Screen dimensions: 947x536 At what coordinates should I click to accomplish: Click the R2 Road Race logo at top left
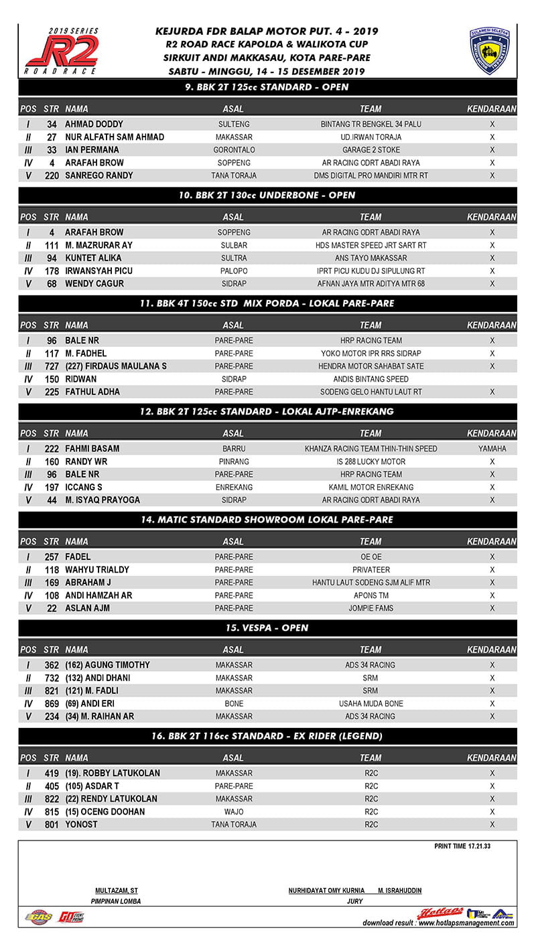pyautogui.click(x=62, y=52)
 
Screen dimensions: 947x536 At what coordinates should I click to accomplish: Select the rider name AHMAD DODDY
pyautogui.click(x=94, y=125)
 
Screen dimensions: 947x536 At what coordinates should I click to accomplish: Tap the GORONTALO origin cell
pyautogui.click(x=234, y=150)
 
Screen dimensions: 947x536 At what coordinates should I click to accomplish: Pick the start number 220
pyautogui.click(x=51, y=175)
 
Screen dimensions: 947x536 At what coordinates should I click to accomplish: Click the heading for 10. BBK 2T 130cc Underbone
pyautogui.click(x=267, y=195)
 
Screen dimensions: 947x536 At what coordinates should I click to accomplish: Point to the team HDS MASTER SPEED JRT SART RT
pyautogui.click(x=371, y=245)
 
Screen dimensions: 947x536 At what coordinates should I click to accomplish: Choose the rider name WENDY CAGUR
pyautogui.click(x=94, y=284)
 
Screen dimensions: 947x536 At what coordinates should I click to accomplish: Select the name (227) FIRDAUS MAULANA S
pyautogui.click(x=116, y=366)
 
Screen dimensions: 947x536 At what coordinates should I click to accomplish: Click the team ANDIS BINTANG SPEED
pyautogui.click(x=371, y=379)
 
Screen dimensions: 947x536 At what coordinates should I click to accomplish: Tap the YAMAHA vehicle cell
pyautogui.click(x=492, y=449)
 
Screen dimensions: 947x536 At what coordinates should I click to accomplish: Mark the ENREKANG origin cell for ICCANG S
pyautogui.click(x=234, y=488)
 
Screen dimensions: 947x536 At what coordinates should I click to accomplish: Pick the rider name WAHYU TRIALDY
pyautogui.click(x=97, y=570)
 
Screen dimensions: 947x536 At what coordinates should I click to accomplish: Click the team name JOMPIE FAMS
pyautogui.click(x=371, y=608)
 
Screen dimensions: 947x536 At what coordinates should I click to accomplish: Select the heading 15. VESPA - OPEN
pyautogui.click(x=267, y=628)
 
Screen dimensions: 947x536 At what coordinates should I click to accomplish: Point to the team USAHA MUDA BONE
pyautogui.click(x=371, y=704)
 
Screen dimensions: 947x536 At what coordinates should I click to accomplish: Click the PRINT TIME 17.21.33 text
pyautogui.click(x=462, y=847)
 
